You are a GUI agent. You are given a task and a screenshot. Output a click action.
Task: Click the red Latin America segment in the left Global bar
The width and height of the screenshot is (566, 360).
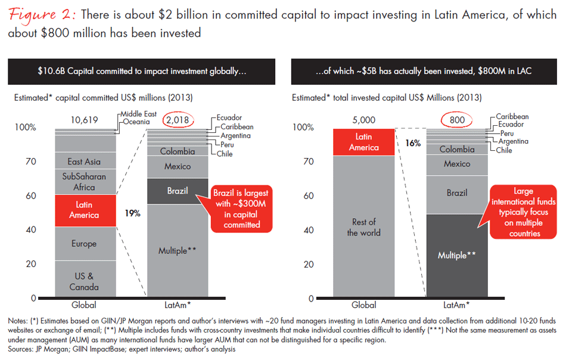pos(84,210)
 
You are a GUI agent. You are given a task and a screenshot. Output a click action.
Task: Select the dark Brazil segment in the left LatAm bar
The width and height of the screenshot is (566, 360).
pos(178,191)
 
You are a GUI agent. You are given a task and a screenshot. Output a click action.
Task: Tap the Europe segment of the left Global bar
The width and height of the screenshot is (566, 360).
pos(84,243)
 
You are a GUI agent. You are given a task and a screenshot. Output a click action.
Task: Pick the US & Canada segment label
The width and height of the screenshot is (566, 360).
pos(84,281)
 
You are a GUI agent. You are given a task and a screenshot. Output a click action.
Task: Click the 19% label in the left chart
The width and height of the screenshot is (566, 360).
pos(132,213)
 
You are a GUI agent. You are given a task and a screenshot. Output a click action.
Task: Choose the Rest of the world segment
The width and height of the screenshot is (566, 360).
pos(363,228)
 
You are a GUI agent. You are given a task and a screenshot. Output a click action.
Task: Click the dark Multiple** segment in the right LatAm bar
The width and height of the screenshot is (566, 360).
pos(457,255)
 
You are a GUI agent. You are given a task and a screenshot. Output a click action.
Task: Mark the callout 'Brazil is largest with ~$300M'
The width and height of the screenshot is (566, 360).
pos(242,209)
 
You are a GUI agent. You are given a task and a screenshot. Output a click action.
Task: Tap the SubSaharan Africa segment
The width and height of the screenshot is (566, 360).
pos(84,181)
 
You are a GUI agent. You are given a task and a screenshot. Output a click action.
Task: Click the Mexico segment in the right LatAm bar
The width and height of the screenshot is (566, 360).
pos(457,164)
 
